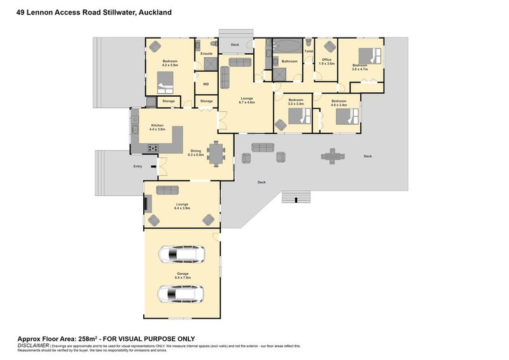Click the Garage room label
click(x=182, y=275)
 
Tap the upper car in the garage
click(x=181, y=255)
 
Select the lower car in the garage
click(x=181, y=294)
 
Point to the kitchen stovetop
click(x=153, y=149)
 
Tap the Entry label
click(x=137, y=167)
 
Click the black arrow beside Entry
click(x=154, y=167)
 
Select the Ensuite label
click(x=206, y=54)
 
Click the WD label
click(x=206, y=83)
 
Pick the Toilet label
click(x=309, y=51)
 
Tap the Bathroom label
click(x=290, y=61)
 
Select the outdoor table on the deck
click(x=331, y=155)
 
